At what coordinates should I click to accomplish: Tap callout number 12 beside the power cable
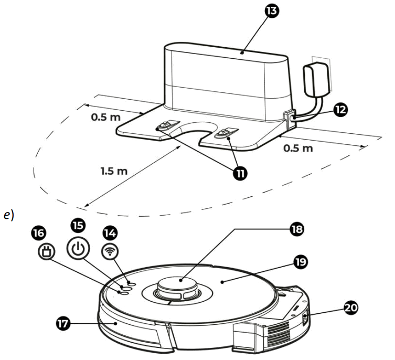[340, 109]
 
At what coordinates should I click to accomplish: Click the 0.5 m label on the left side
[105, 117]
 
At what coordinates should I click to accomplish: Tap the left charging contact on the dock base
[164, 126]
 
